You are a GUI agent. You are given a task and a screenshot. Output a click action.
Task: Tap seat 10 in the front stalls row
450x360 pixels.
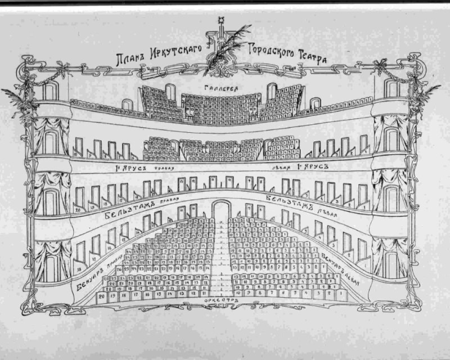pyautogui.click(x=240, y=294)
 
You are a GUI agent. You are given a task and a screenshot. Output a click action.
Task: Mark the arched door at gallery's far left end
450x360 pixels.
pyautogui.click(x=50, y=91)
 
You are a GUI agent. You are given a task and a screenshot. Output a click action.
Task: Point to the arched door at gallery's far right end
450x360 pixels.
pyautogui.click(x=392, y=88)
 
